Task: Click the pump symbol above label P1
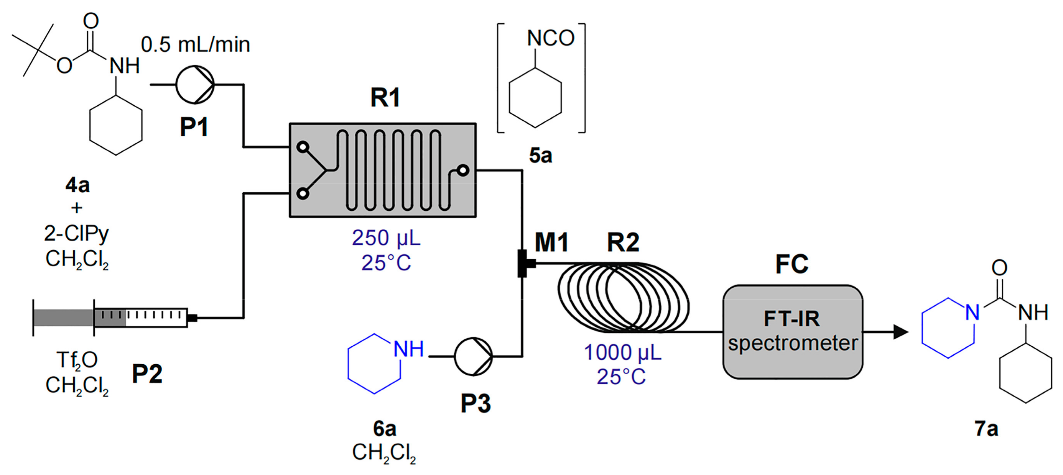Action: pyautogui.click(x=195, y=85)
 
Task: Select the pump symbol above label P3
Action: pyautogui.click(x=473, y=356)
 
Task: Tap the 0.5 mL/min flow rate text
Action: pyautogui.click(x=195, y=44)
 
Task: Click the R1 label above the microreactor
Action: pyautogui.click(x=385, y=98)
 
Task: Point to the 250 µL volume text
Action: pyautogui.click(x=386, y=238)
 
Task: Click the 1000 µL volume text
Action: pyautogui.click(x=622, y=352)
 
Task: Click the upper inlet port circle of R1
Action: pyautogui.click(x=303, y=147)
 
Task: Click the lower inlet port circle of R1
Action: pyautogui.click(x=303, y=193)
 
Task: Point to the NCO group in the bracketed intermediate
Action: pyautogui.click(x=551, y=38)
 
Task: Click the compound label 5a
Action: pyautogui.click(x=540, y=156)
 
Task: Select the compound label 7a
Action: pyautogui.click(x=986, y=429)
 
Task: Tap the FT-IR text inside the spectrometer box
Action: pyautogui.click(x=791, y=319)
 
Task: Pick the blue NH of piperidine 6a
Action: pyautogui.click(x=408, y=349)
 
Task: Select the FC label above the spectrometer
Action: pyautogui.click(x=791, y=264)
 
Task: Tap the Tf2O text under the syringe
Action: pyautogui.click(x=77, y=360)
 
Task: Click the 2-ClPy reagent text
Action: pyautogui.click(x=76, y=234)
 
